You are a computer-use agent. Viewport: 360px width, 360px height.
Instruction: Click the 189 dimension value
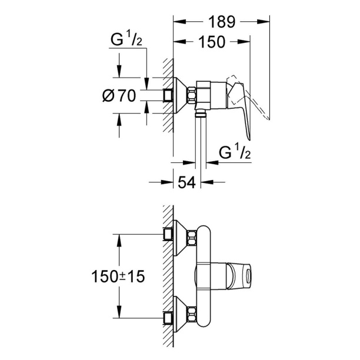(x=219, y=22)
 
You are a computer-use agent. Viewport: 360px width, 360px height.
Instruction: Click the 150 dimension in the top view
(x=211, y=42)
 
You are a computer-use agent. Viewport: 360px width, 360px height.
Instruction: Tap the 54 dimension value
(x=186, y=182)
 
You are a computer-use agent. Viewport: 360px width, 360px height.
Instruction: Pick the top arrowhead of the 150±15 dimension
(x=120, y=238)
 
